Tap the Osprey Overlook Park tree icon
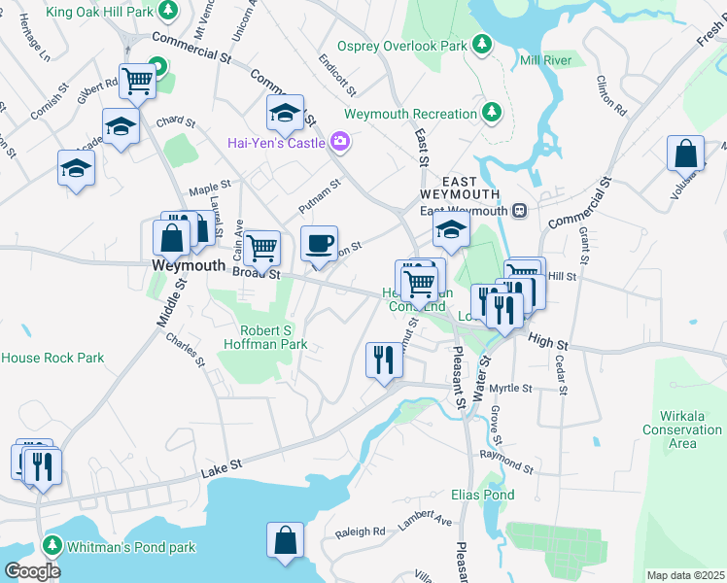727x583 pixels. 481,45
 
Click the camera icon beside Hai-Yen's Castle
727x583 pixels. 339,143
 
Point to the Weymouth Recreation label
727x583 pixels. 410,114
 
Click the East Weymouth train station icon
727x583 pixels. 520,211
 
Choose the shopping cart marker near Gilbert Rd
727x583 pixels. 137,81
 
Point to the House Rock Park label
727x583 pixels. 52,358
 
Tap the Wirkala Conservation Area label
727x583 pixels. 682,436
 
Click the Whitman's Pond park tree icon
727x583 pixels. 52,547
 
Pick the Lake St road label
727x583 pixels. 222,471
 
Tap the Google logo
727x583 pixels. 33,571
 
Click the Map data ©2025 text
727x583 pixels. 684,575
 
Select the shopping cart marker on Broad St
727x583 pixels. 260,248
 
